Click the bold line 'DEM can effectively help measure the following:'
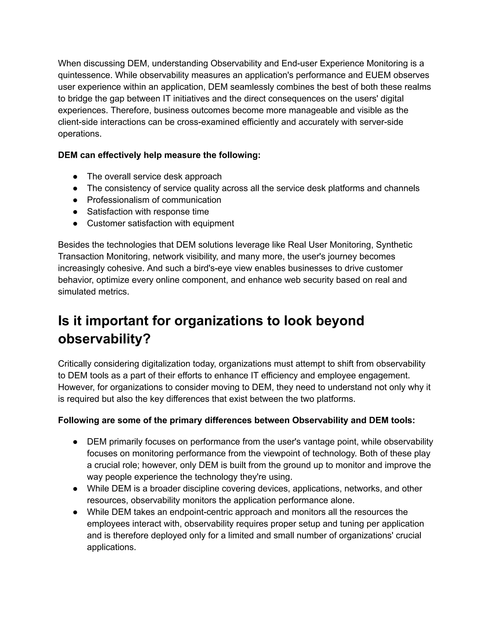click(159, 155)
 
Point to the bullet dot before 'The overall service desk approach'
click(75, 177)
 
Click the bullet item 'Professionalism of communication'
click(154, 200)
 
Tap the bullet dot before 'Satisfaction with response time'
click(75, 212)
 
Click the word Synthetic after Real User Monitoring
click(394, 245)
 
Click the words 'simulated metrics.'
click(93, 292)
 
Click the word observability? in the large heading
click(104, 339)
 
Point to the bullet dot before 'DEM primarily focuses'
click(75, 442)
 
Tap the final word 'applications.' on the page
click(111, 547)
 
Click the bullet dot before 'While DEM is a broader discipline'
click(75, 489)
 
